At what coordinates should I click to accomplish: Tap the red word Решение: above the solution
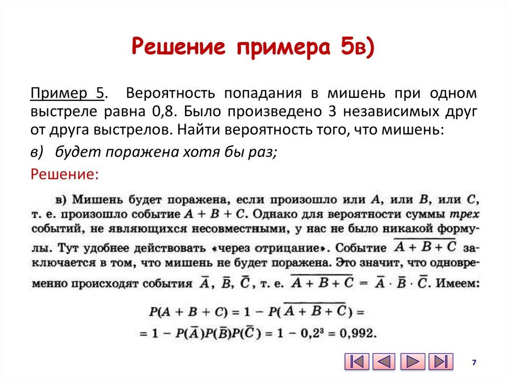pos(65,174)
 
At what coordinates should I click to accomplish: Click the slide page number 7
pos(474,363)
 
